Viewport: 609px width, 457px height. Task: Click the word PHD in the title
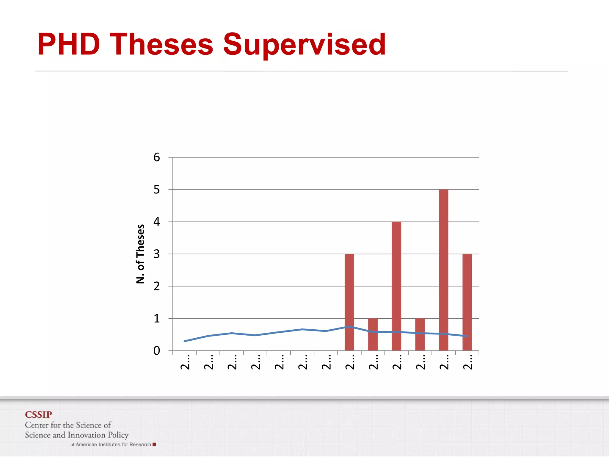pos(68,44)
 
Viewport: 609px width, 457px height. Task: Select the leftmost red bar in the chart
pos(349,302)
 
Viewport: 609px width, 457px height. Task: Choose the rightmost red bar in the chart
pos(467,302)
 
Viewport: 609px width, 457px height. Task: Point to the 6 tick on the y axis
pos(157,157)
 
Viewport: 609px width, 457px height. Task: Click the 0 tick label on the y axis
pos(157,351)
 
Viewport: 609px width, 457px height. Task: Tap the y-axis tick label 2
pos(157,286)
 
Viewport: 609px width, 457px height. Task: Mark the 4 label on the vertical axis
pos(157,222)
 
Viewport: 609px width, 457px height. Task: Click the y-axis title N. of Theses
pos(140,254)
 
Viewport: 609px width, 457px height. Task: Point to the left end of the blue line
pos(185,341)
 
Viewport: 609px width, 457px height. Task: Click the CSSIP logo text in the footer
pos(38,414)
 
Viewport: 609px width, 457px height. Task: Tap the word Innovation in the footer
pos(87,435)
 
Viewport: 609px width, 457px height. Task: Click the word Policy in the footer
pos(118,435)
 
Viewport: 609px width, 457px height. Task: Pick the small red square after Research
pos(154,445)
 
